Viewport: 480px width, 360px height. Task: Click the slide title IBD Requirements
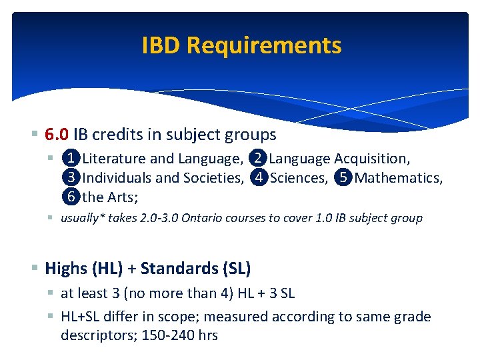(x=241, y=45)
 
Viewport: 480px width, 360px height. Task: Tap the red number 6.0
(x=57, y=135)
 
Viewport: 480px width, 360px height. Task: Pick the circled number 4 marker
(x=259, y=178)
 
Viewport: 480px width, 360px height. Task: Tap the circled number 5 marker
(x=343, y=178)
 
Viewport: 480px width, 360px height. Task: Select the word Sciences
(x=299, y=178)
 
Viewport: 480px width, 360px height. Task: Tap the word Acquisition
(x=372, y=159)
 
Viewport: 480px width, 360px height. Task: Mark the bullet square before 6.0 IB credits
(x=35, y=135)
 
